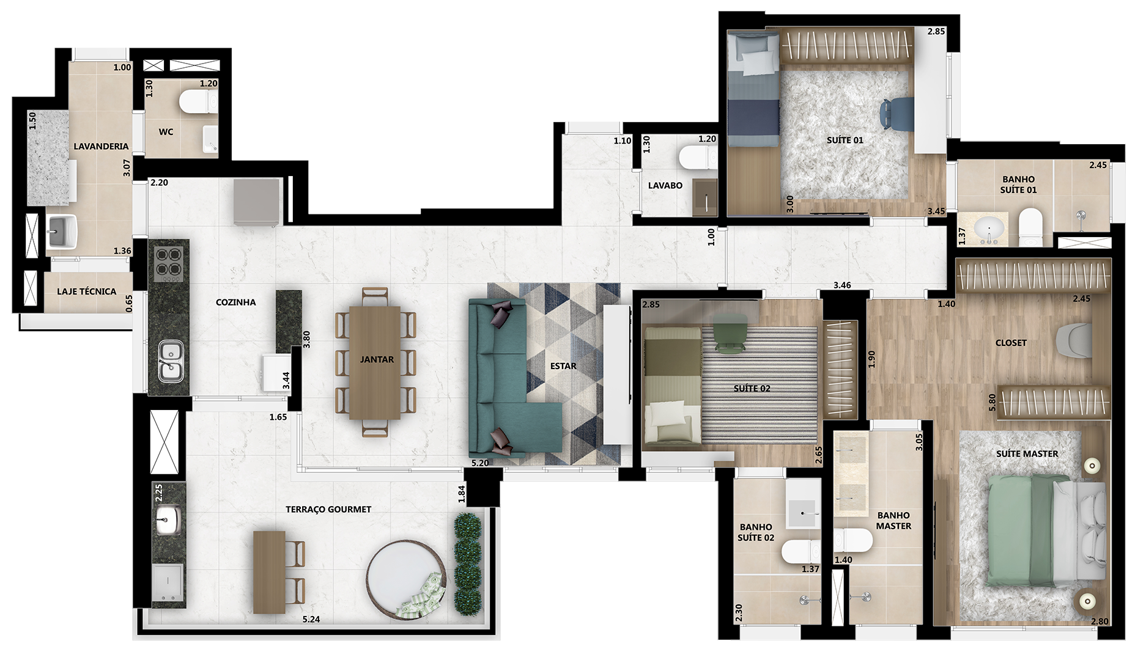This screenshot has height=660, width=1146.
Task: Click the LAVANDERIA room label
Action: click(x=101, y=147)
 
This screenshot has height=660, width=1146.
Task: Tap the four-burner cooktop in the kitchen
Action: click(x=169, y=263)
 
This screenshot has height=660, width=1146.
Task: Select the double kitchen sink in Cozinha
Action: click(x=171, y=361)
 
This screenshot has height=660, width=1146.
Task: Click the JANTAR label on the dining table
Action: click(x=377, y=359)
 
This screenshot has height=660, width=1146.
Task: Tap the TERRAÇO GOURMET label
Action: click(x=328, y=509)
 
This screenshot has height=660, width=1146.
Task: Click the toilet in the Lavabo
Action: click(x=698, y=158)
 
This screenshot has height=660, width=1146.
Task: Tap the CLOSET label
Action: click(x=1011, y=343)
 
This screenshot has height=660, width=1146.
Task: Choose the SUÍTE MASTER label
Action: click(x=1027, y=453)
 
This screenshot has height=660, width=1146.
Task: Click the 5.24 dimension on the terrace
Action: click(x=311, y=619)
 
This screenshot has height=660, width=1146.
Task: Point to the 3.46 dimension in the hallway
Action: click(x=842, y=285)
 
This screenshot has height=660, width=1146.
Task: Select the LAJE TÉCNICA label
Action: click(x=86, y=291)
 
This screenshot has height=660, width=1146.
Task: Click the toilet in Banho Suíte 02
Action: click(x=800, y=552)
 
